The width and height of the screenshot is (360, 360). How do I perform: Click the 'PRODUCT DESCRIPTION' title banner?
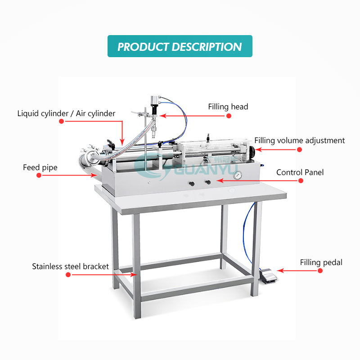point(180,46)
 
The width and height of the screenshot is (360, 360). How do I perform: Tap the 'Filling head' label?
point(228,107)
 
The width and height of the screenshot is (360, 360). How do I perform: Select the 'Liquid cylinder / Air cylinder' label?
point(66,113)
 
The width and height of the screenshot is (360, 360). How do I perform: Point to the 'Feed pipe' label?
point(40,168)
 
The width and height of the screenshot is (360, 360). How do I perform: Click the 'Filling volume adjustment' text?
point(299,140)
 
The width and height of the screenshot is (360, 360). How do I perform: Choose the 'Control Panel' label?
point(300,172)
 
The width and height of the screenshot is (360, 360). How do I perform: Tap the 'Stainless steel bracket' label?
point(70,266)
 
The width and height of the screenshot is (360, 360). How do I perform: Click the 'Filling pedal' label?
point(321,262)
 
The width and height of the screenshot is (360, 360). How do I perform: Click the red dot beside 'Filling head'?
point(229,116)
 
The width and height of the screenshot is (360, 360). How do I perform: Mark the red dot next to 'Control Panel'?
point(301,180)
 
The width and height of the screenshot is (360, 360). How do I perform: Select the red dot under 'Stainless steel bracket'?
point(68,274)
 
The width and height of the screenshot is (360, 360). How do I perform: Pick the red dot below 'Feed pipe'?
point(39,175)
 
